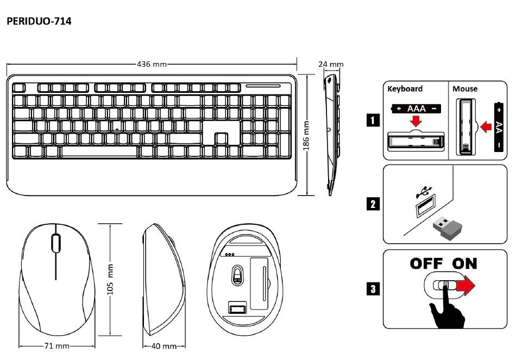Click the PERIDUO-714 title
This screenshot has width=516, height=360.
tap(39, 22)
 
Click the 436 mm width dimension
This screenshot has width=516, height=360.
tap(152, 64)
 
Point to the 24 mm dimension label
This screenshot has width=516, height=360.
tap(331, 64)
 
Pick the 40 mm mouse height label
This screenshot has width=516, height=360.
tap(163, 346)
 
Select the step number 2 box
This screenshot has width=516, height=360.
tap(373, 204)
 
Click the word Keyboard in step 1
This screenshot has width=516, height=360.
tap(405, 89)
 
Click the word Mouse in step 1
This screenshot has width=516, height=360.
tap(465, 89)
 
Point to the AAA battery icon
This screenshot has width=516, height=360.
tap(416, 109)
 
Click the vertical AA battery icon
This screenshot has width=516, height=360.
tap(499, 127)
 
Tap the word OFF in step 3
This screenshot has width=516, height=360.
tap(426, 264)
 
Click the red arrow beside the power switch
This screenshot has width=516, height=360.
tap(465, 286)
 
